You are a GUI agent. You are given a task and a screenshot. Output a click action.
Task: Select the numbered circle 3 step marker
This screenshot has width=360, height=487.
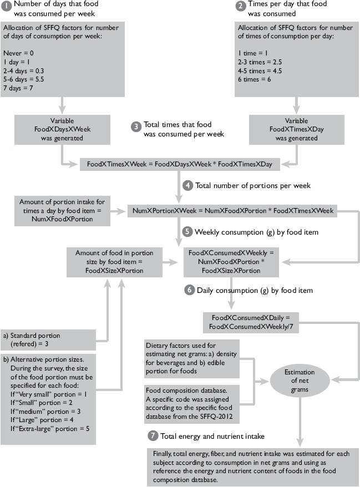136,126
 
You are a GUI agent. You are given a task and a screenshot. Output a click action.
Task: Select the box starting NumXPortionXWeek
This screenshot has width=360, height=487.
226,211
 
